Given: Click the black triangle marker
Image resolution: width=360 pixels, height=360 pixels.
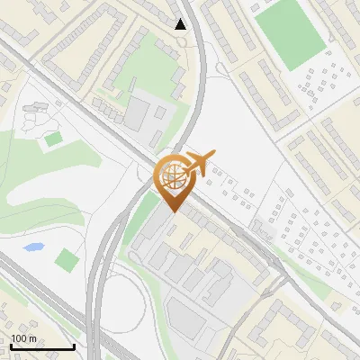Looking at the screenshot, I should click(182, 24).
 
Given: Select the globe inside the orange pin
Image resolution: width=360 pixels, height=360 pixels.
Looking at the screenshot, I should click(172, 175).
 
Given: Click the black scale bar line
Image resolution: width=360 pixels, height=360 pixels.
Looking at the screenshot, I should click(41, 347).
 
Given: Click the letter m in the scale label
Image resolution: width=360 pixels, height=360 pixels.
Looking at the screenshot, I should click(33, 338).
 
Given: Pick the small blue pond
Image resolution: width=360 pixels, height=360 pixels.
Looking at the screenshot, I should click(33, 247).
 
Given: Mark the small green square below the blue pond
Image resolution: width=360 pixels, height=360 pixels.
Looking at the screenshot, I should click(66, 261).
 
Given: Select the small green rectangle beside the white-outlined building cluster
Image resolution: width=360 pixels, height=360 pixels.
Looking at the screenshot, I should click(54, 139).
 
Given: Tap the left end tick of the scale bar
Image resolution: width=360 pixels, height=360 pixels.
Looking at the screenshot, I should click(10, 346).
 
